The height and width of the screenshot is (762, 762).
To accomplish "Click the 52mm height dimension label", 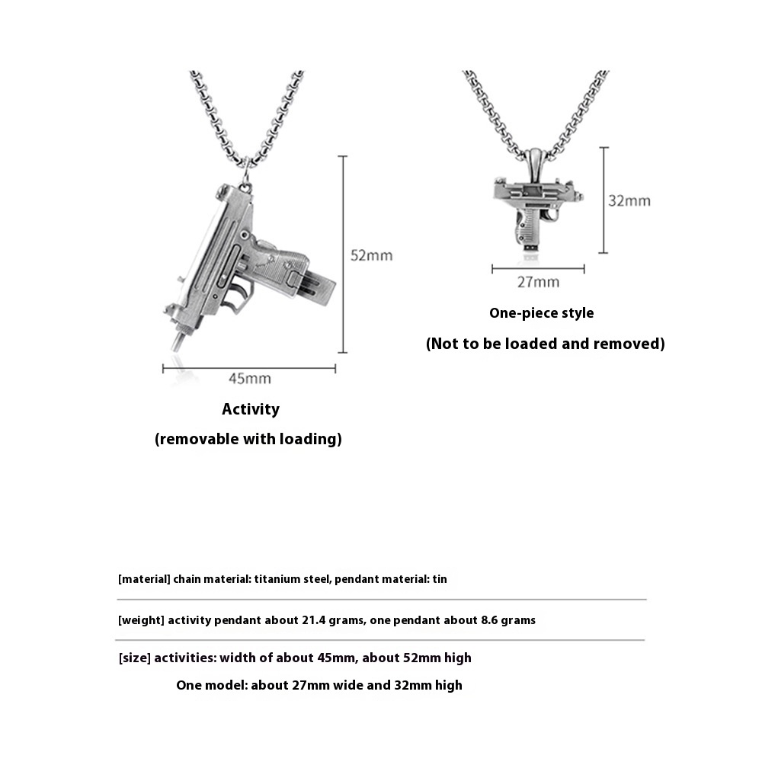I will coord(371,255).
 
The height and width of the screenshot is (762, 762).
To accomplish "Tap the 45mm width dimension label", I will coord(250,379).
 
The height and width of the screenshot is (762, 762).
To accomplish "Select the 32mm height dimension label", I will coord(629,201).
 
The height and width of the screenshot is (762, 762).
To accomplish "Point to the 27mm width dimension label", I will coord(538,282).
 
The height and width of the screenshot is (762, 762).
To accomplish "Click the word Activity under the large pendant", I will coord(251,409).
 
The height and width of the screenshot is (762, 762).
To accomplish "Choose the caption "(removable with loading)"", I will coord(248,439).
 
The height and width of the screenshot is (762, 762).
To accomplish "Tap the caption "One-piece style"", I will coord(541,313).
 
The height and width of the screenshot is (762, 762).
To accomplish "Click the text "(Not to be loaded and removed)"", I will coord(545,344).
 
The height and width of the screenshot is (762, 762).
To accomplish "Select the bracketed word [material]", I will coord(143,579).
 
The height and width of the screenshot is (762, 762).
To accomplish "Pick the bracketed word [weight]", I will coord(141,620).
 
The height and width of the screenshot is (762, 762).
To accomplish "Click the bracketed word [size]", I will coord(134,658).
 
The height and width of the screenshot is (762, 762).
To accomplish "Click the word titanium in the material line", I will coord(278,579).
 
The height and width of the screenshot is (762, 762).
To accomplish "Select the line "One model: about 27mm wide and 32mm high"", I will coord(319,685).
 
